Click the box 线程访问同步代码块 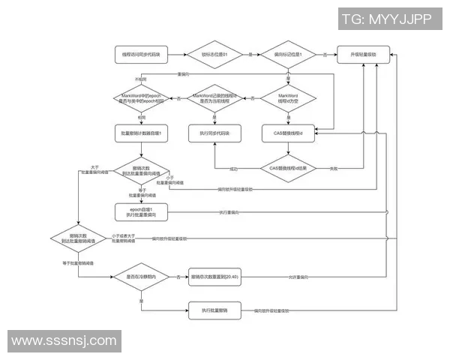pyautogui.click(x=142, y=55)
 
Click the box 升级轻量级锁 pyautogui.click(x=363, y=55)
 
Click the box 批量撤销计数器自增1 pyautogui.click(x=142, y=133)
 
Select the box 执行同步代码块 pyautogui.click(x=215, y=133)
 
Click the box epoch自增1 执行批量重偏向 pyautogui.click(x=142, y=212)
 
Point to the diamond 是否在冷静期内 pyautogui.click(x=142, y=277)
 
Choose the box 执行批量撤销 pyautogui.click(x=215, y=310)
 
